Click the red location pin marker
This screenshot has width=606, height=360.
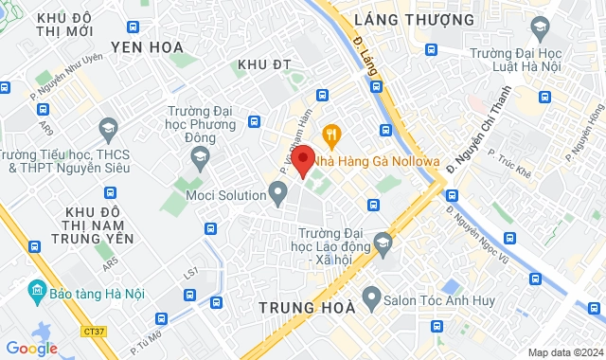(302, 159)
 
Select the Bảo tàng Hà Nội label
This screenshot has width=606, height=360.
(89, 288)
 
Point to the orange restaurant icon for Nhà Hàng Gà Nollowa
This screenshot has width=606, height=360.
(330, 134)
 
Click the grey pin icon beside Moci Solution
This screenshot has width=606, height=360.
(278, 195)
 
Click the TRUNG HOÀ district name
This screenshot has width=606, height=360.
(307, 307)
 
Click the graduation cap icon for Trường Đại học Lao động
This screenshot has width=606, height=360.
(382, 245)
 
